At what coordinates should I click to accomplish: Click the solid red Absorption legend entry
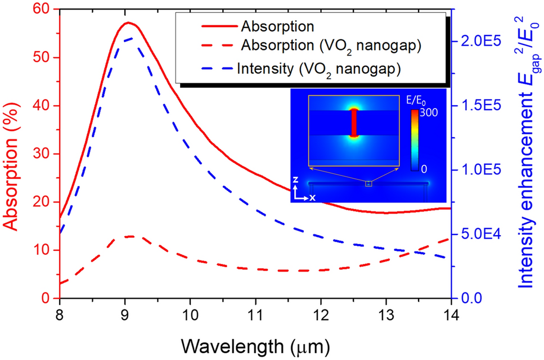276,26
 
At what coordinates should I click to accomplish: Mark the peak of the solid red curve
128,22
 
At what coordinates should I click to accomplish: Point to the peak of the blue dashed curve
129,38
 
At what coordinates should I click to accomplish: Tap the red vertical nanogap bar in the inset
354,123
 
